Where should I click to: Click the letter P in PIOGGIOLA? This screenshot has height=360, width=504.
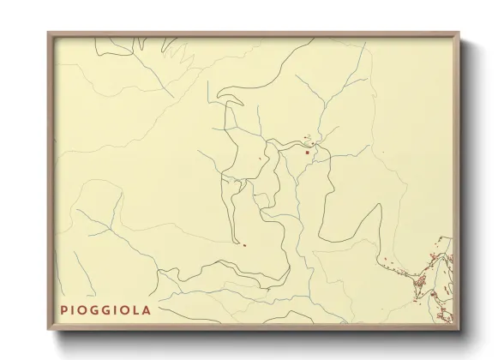pos(64,309)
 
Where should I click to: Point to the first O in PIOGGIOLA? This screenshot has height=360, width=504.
pos(84,309)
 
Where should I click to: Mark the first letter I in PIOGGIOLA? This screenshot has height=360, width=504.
pos(74,309)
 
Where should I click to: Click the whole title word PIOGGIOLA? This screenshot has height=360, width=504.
pos(105,309)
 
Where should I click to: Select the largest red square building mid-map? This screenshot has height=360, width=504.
pos(307,153)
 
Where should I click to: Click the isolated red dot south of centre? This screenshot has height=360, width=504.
pos(244,245)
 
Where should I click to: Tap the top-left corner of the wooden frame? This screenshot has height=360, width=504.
pos(49,34)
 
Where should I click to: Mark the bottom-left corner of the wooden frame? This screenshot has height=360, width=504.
pos(49,330)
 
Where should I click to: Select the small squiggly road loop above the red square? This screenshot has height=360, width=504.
pos(310,137)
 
